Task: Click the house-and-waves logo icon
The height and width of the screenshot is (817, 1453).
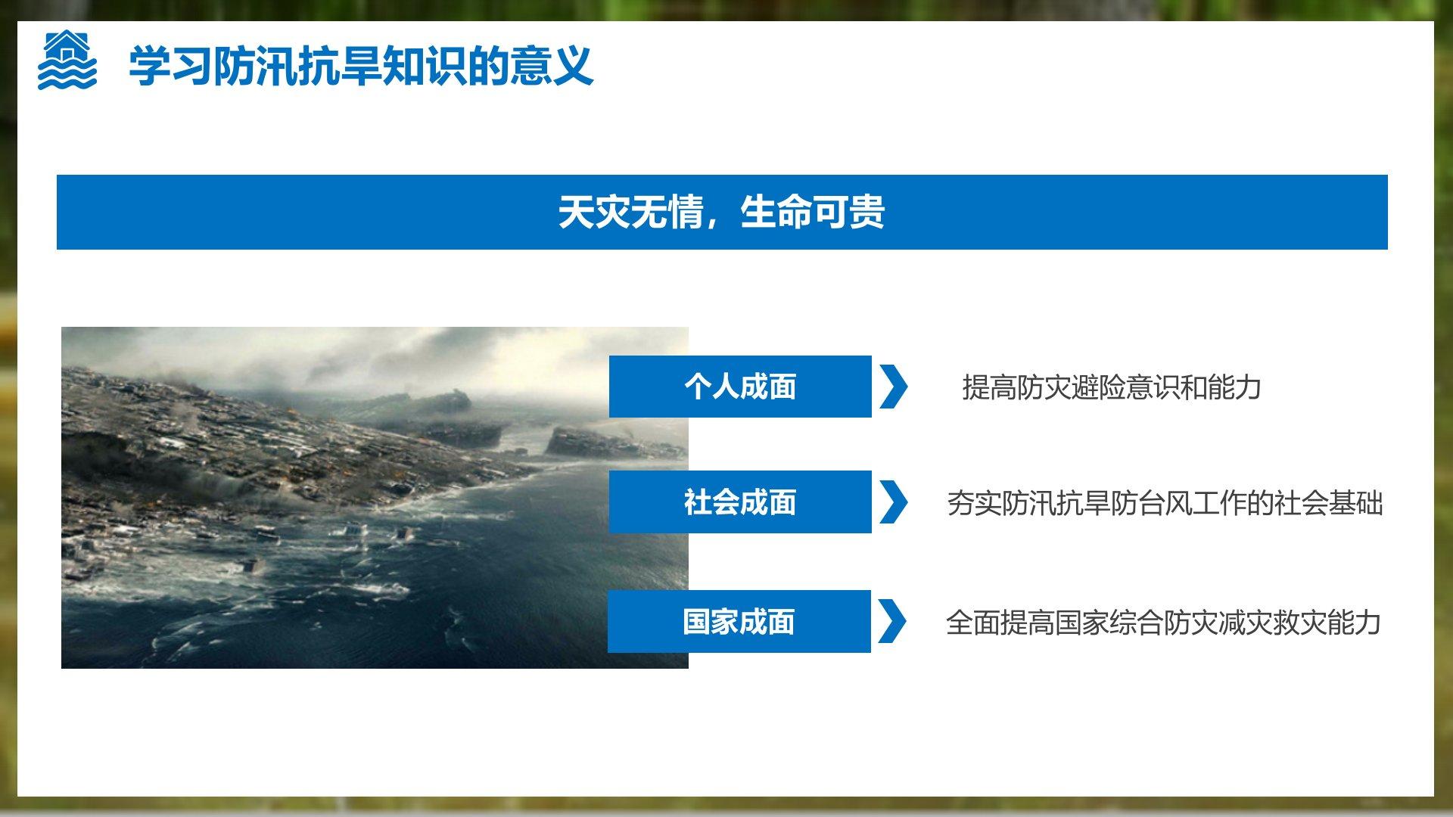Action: (x=67, y=61)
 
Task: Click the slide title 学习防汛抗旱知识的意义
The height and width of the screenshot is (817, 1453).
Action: (x=361, y=66)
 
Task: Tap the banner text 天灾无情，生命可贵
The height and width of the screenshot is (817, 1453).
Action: (x=721, y=212)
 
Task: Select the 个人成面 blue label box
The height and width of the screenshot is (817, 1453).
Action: (x=740, y=387)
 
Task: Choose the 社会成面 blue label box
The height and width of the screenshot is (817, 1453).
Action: (x=740, y=502)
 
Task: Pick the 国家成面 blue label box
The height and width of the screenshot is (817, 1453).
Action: (x=739, y=621)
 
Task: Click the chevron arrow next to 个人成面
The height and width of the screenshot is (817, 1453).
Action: (x=893, y=387)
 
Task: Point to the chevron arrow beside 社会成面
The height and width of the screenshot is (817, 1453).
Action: (x=893, y=502)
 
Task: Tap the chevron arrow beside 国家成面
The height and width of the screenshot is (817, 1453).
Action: (x=892, y=621)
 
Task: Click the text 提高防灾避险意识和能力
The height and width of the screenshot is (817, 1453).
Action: (x=1112, y=387)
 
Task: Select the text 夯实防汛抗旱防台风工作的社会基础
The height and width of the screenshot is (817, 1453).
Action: (x=1165, y=503)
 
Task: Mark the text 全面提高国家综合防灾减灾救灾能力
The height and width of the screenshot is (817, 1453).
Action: (x=1163, y=623)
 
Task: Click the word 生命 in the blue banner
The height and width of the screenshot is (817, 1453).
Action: (x=776, y=212)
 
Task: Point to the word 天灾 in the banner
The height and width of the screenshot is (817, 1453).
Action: (x=594, y=212)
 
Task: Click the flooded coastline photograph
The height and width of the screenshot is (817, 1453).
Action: (x=375, y=497)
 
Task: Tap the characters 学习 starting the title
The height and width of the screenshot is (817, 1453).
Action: (x=170, y=66)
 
